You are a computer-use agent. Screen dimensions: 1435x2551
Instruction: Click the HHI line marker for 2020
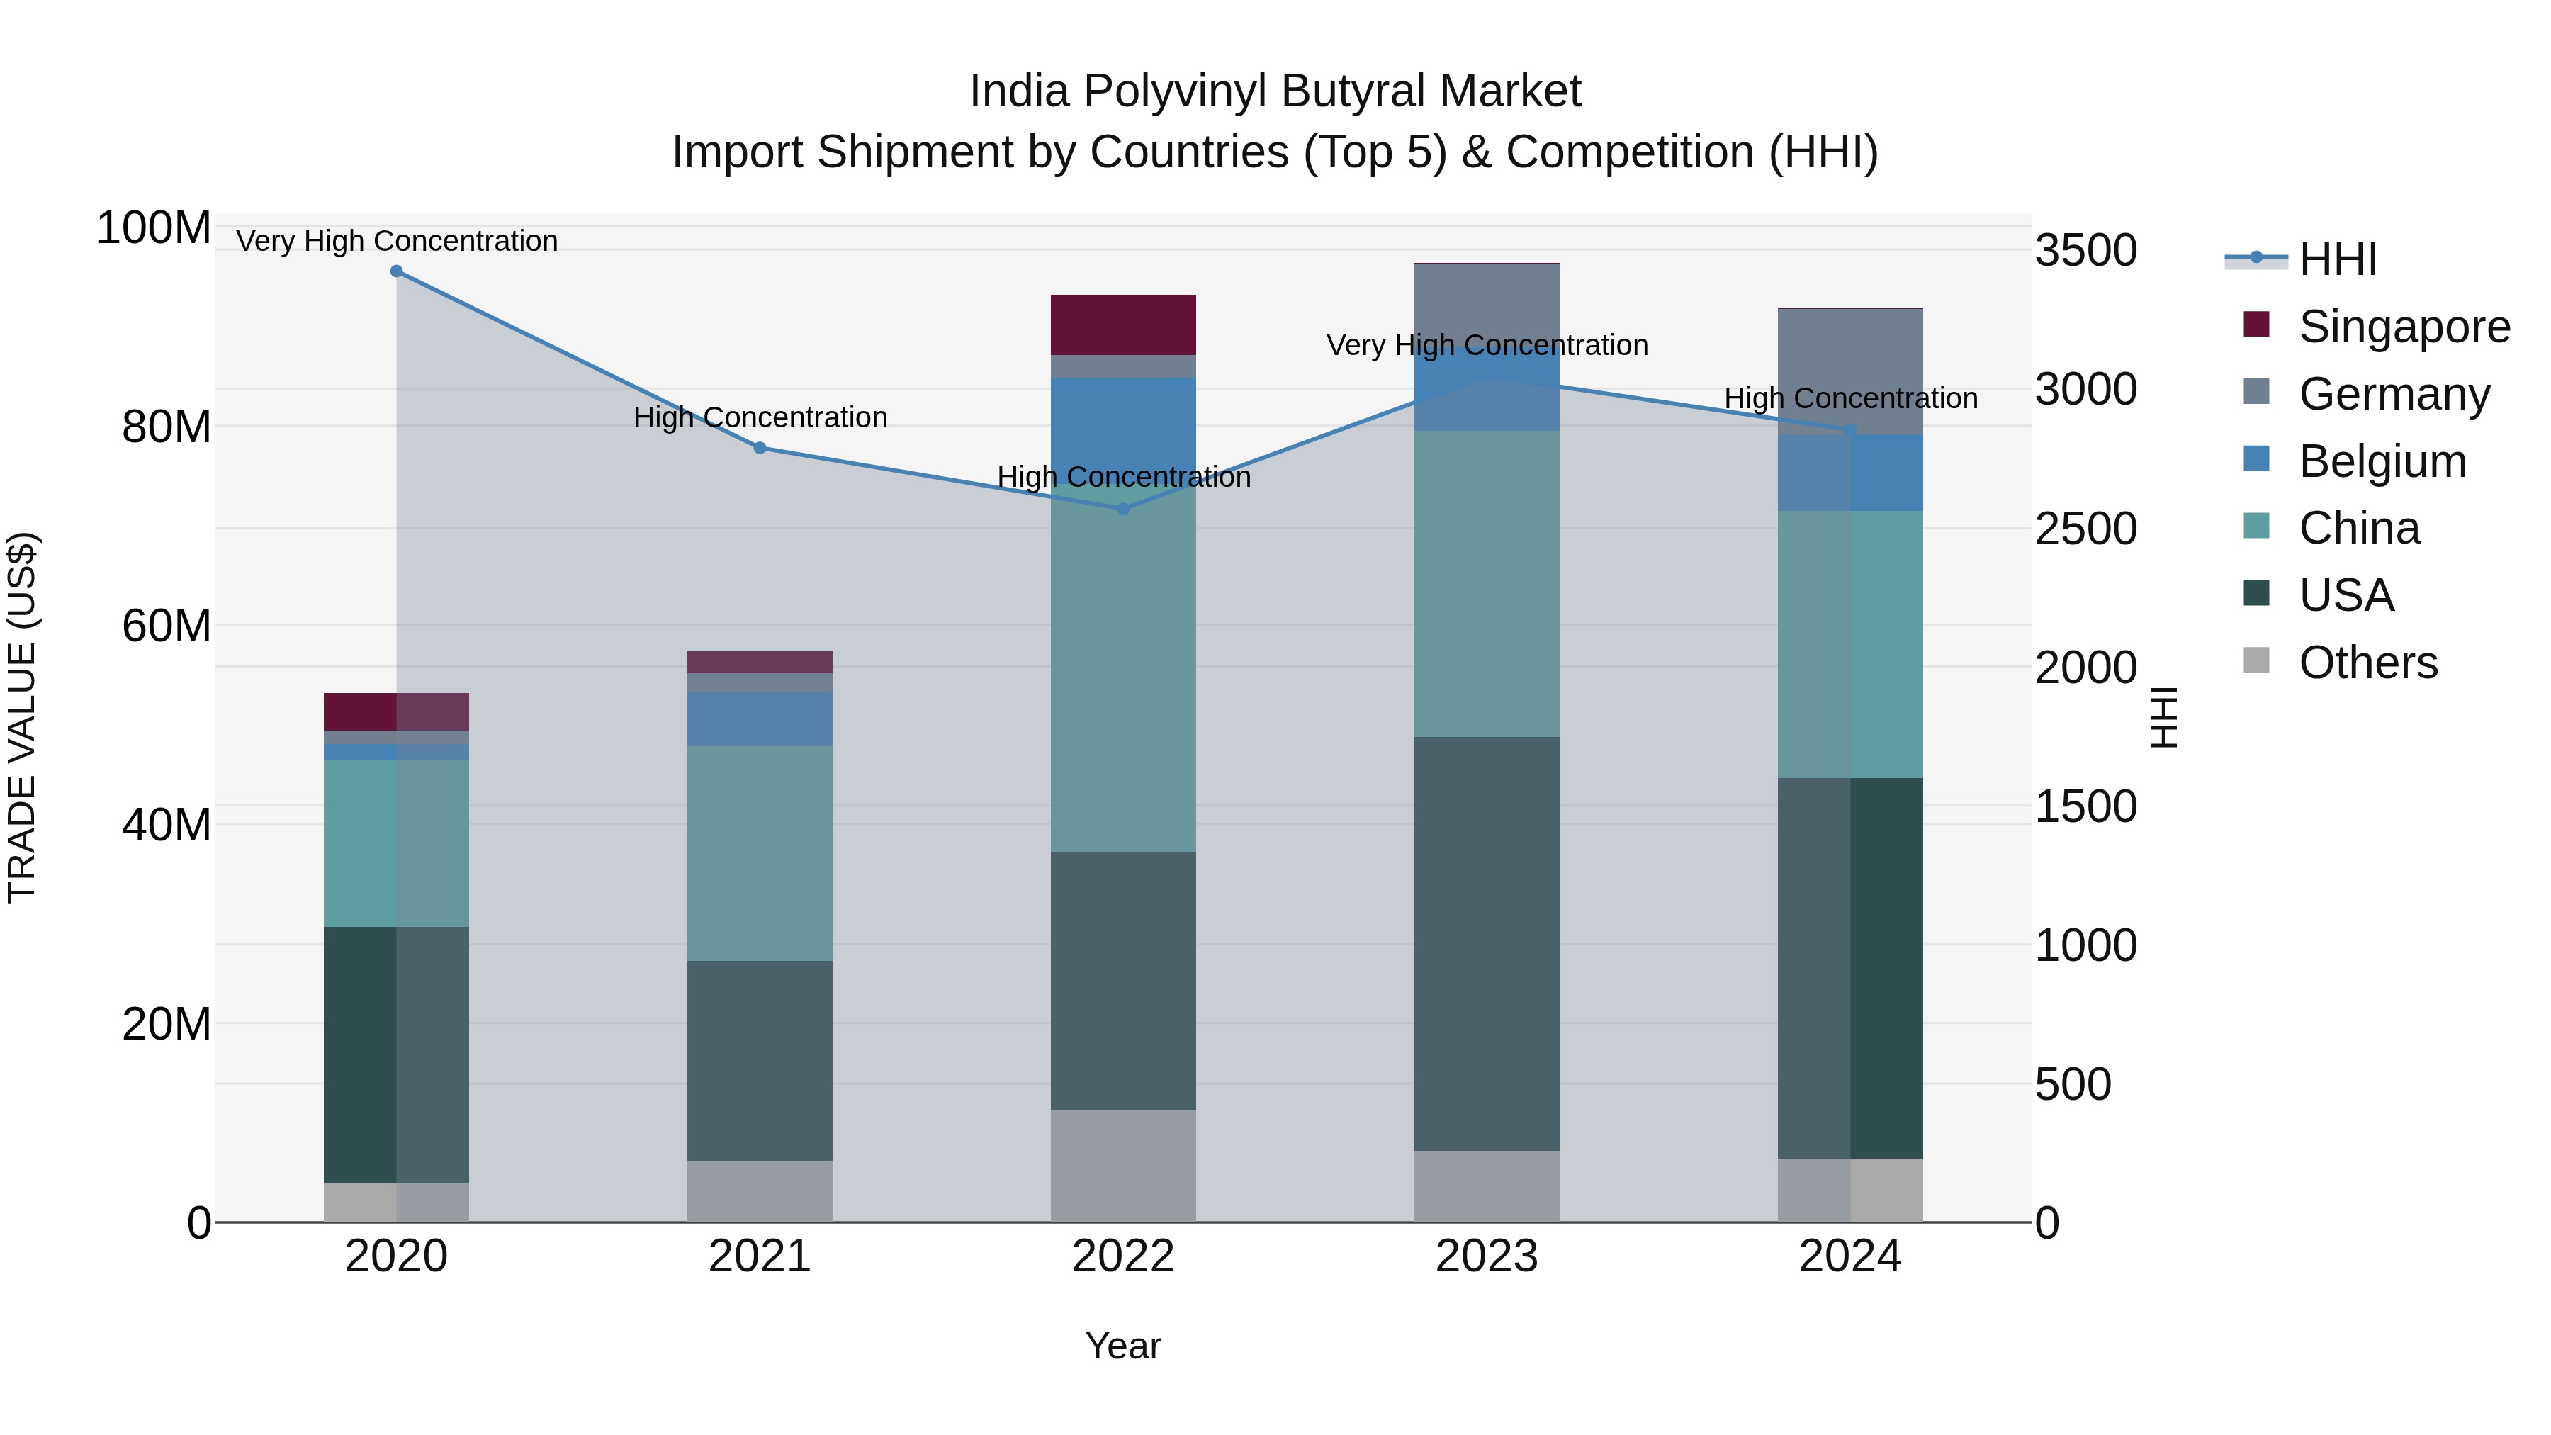coord(396,271)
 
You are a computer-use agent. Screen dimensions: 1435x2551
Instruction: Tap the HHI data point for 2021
coord(760,448)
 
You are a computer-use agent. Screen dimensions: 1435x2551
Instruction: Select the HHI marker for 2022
coord(1123,509)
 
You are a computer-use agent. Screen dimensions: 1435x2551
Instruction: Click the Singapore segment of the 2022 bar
coord(1123,325)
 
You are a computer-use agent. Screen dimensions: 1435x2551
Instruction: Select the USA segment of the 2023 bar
coord(1487,942)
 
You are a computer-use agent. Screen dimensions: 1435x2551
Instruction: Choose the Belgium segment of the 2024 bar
coord(1850,473)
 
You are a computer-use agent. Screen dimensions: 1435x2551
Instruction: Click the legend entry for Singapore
coord(2404,327)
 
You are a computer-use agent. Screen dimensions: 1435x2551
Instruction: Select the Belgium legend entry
coord(2382,461)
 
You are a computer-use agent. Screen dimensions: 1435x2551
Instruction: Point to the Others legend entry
coord(2367,663)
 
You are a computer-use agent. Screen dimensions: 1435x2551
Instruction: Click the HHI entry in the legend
coord(2337,259)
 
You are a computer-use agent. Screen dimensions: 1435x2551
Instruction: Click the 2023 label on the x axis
coord(1487,1256)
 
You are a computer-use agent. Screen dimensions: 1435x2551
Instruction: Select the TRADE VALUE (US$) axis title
coord(22,717)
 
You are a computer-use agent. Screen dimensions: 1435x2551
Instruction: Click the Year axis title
coord(1123,1346)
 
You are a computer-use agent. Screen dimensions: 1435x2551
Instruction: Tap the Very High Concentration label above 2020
coord(397,241)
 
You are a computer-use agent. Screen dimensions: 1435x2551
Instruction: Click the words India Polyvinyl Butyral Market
coord(1275,91)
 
